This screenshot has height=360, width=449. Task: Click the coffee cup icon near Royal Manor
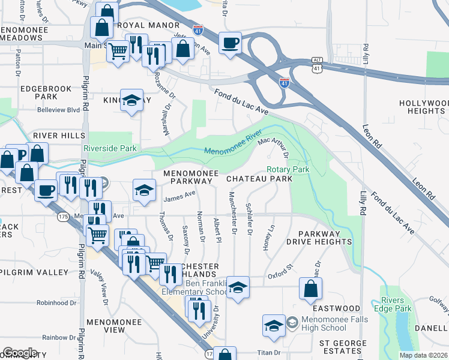click(x=230, y=44)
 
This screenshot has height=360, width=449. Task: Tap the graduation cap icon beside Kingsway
click(x=131, y=101)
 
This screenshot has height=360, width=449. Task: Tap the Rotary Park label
click(x=289, y=170)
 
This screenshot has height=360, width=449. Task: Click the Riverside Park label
click(x=110, y=148)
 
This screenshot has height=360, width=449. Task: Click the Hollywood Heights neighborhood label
click(x=424, y=107)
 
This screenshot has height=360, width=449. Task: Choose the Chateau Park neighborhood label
click(x=259, y=179)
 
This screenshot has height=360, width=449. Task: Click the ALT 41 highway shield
click(x=317, y=65)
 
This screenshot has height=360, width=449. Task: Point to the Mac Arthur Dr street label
click(x=274, y=146)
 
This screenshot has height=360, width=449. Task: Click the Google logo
click(x=20, y=353)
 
